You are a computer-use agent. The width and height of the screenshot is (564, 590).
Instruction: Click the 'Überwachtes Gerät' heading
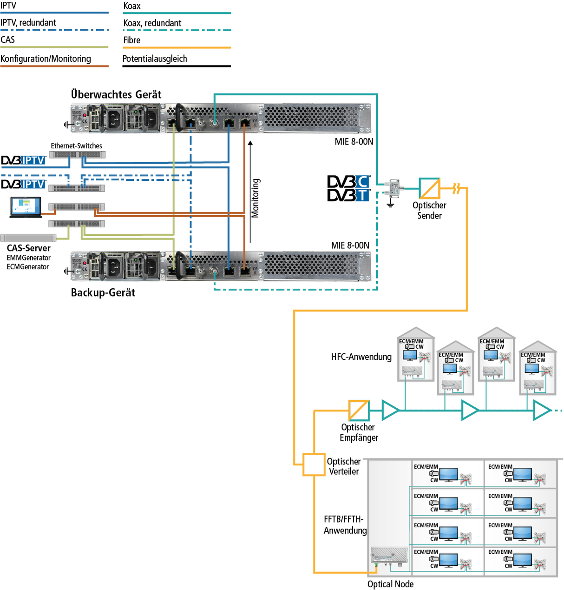[116, 94]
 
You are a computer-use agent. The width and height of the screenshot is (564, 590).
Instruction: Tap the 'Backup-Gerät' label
[103, 292]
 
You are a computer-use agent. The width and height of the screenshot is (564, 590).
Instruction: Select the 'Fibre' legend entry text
[132, 40]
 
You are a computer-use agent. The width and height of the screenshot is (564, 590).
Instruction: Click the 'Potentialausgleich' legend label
[155, 59]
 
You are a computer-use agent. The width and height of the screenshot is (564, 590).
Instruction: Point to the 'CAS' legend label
[8, 40]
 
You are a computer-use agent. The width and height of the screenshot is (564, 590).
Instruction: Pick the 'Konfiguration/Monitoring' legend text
[46, 59]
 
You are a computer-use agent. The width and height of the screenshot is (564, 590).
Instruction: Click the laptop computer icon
[26, 207]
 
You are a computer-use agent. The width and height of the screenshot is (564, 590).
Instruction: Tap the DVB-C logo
[348, 181]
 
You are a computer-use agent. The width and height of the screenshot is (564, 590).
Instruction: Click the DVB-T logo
[348, 195]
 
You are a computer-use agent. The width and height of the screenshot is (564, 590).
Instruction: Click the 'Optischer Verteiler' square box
[314, 464]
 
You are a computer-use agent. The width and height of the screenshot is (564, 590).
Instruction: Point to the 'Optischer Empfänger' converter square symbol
[359, 411]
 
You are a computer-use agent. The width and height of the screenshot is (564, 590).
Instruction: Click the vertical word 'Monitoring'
[256, 198]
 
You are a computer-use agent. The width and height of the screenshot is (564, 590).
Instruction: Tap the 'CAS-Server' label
[29, 248]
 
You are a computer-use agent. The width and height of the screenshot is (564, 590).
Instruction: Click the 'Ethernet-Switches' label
[76, 146]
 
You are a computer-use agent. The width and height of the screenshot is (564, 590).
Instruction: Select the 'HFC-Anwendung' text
[361, 357]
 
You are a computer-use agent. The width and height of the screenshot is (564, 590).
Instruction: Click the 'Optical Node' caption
[390, 584]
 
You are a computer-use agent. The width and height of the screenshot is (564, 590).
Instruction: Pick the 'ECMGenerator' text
[27, 267]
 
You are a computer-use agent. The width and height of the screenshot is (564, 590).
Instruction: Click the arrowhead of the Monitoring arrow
[250, 143]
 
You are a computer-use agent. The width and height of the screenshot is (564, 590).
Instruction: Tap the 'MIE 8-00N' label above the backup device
[350, 245]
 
